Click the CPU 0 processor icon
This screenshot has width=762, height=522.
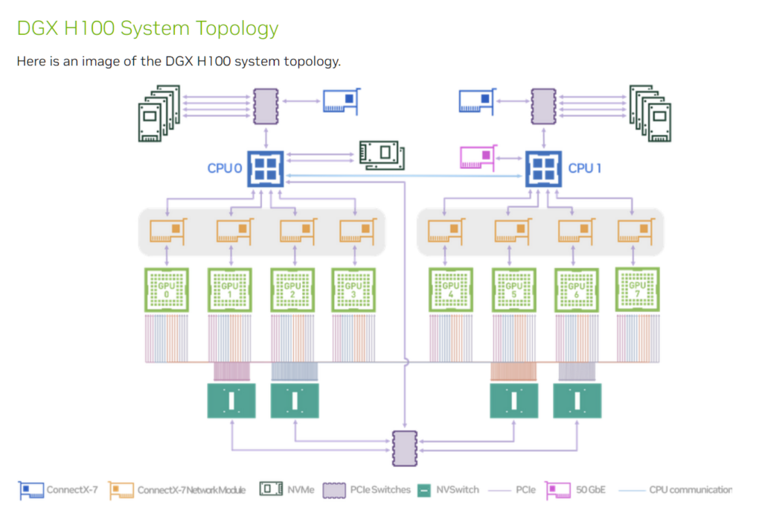coord(263,167)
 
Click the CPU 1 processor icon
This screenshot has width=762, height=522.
coord(544,167)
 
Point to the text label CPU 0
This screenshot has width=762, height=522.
coord(224,168)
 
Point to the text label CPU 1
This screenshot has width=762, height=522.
coord(585,168)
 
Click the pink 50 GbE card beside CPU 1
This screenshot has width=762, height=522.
coord(479,158)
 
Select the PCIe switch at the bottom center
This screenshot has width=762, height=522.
coord(405,447)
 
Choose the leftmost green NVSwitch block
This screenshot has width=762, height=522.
coord(231,401)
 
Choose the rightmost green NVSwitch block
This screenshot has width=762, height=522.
coord(577,401)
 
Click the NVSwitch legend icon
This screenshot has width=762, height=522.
coord(423,490)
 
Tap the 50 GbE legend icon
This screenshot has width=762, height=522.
coord(558,490)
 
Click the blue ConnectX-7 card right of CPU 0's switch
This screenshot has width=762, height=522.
coord(340,101)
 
